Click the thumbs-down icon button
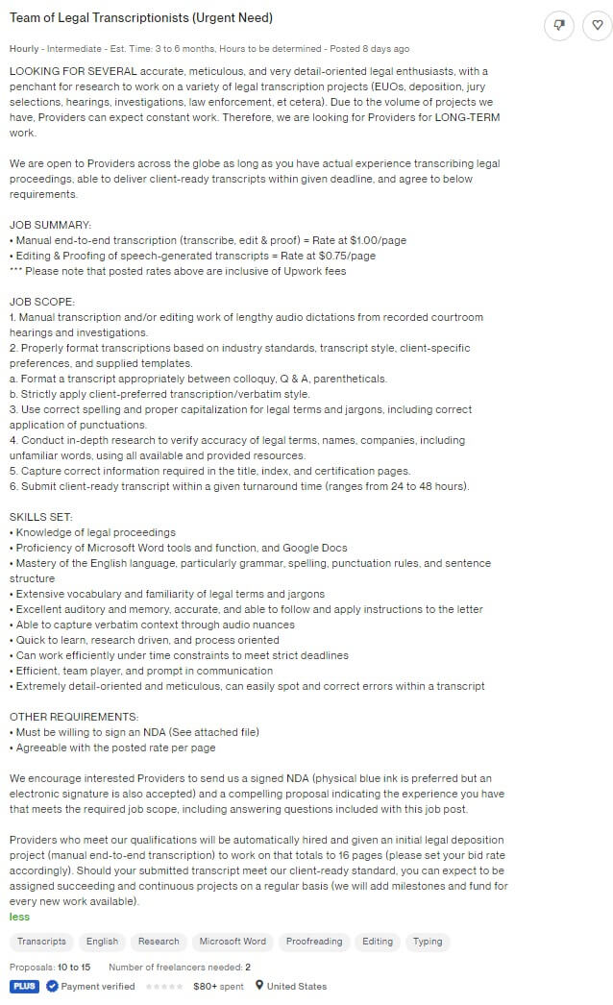559,26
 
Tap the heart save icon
597,26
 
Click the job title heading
141,18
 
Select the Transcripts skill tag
41,942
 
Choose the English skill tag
102,942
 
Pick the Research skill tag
159,942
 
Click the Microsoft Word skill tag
233,942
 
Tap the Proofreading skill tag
313,942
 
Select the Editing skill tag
378,942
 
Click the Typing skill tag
428,942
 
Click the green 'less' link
19,917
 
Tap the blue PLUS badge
24,986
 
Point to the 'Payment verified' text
97,986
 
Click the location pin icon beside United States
258,986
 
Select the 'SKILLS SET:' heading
41,517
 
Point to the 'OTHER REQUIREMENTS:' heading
74,717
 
